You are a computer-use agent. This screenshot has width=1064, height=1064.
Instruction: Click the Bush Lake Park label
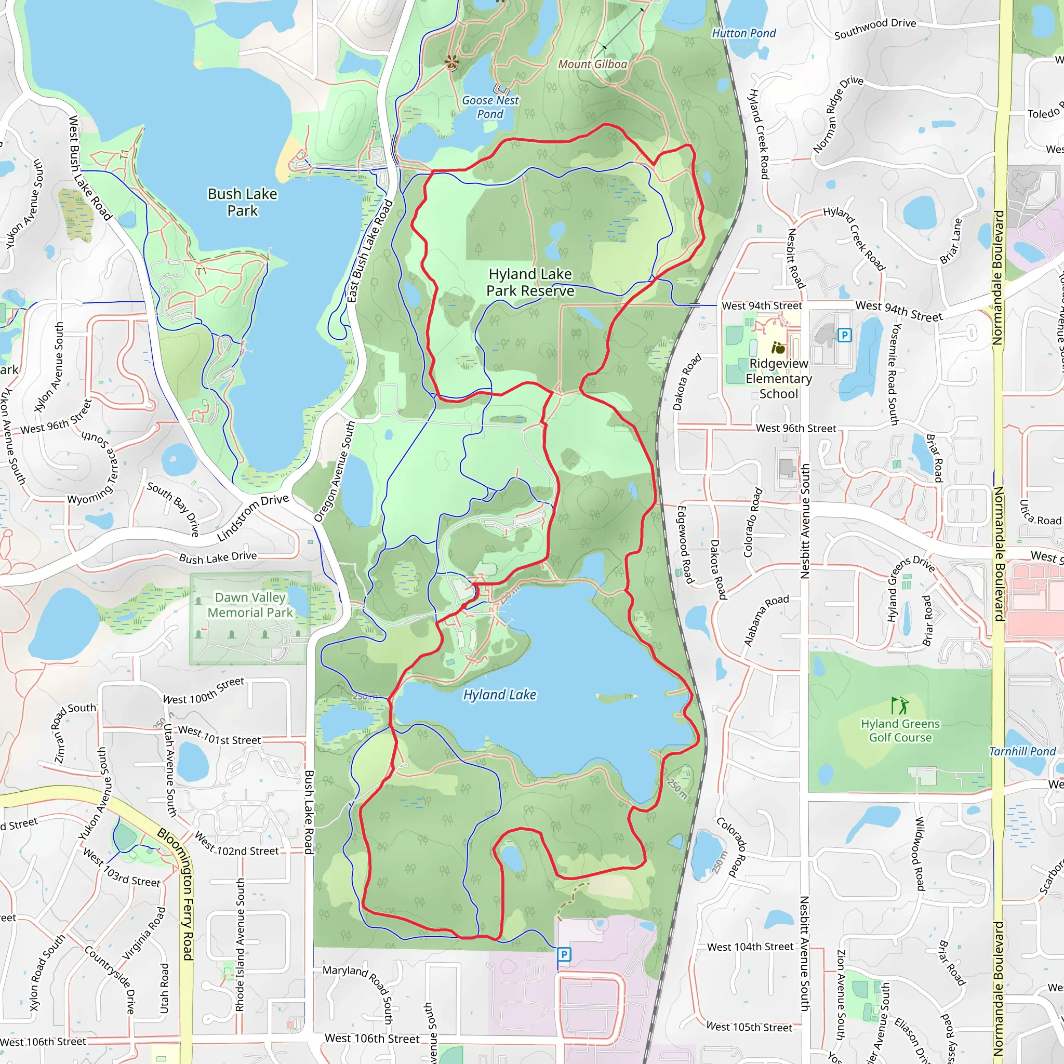pos(242,202)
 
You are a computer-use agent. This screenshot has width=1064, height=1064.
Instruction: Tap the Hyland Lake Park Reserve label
pos(530,283)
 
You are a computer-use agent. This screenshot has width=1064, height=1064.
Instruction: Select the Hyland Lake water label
pos(499,695)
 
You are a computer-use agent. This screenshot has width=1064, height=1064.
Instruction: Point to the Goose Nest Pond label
pos(490,108)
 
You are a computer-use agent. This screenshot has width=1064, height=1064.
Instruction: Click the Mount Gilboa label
pos(593,64)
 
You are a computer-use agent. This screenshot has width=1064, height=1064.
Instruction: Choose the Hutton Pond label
pos(743,34)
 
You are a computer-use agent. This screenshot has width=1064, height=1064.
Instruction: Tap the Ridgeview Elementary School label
pos(779,378)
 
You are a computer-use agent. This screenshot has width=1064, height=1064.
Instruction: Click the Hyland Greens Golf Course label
pos(900,730)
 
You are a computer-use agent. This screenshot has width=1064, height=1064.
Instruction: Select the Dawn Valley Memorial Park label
pos(250,605)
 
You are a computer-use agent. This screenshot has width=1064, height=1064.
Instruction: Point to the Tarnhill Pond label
pos(1022,752)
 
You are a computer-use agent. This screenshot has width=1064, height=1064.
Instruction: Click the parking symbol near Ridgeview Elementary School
pos(844,335)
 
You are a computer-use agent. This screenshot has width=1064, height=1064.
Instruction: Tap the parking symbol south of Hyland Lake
pos(564,954)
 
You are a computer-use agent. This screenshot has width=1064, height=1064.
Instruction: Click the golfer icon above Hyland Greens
pos(900,706)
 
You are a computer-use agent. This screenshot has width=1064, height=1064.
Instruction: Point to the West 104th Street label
pos(750,947)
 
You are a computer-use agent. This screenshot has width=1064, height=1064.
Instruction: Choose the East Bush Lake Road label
pos(369,251)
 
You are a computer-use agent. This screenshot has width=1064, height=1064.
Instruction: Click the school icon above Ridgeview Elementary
pos(778,348)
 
